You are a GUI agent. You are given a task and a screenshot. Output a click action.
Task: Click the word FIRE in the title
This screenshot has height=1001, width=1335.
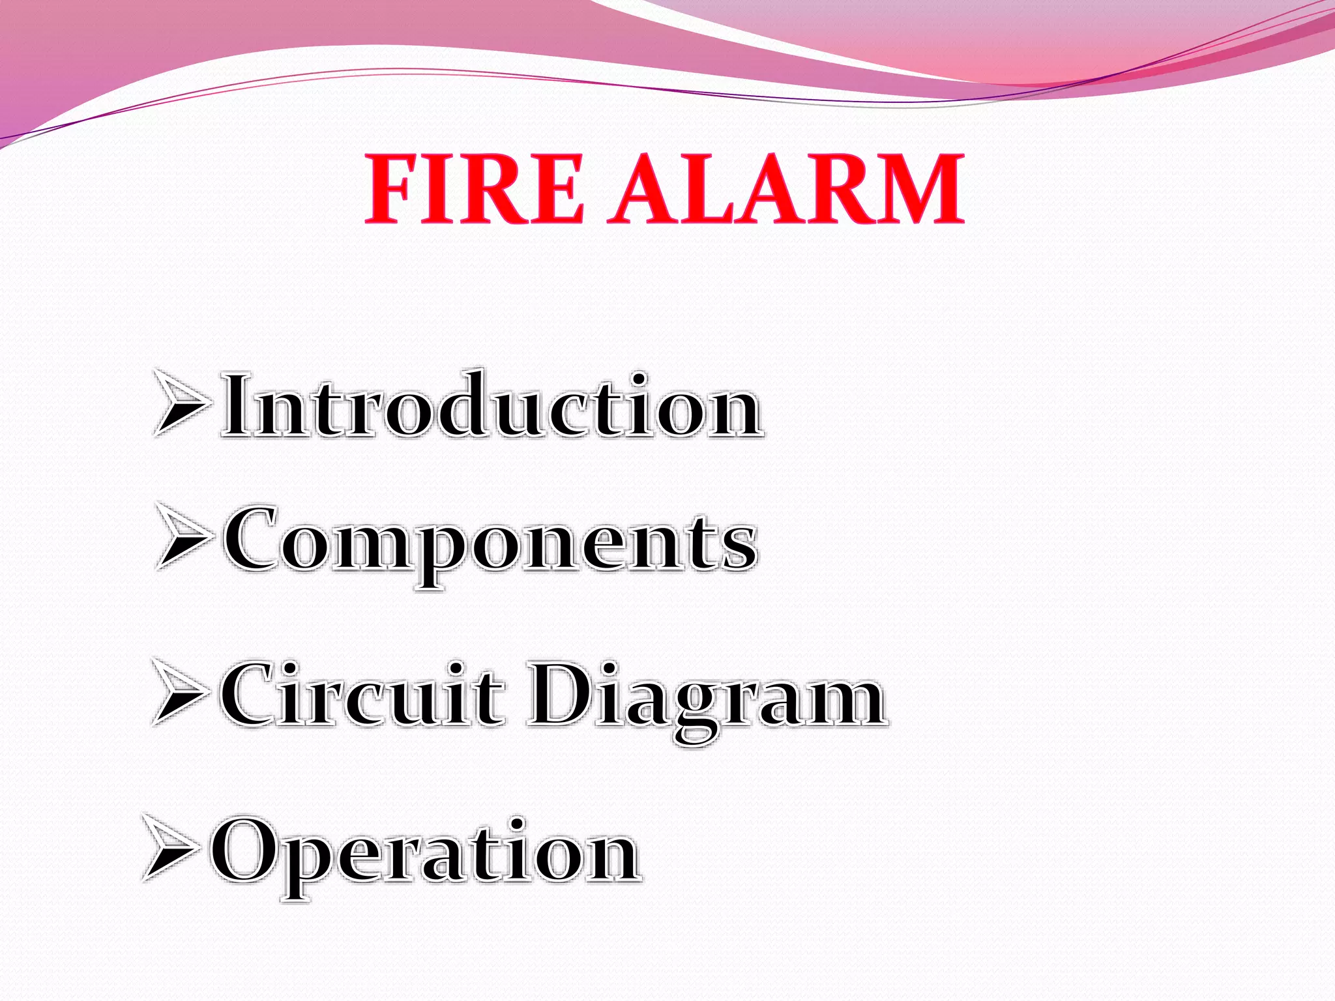coord(475,189)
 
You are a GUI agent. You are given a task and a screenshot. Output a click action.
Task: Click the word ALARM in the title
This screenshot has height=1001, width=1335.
coord(786,189)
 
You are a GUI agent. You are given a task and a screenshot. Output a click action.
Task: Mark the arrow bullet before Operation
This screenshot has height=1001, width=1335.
coord(172,847)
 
